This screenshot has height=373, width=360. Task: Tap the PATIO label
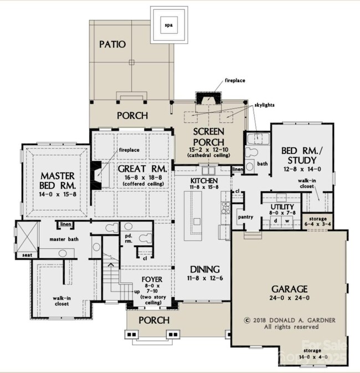[x=112, y=44]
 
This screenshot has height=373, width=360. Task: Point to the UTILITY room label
[x=282, y=207]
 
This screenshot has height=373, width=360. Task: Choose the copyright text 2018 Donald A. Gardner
[x=285, y=320]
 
